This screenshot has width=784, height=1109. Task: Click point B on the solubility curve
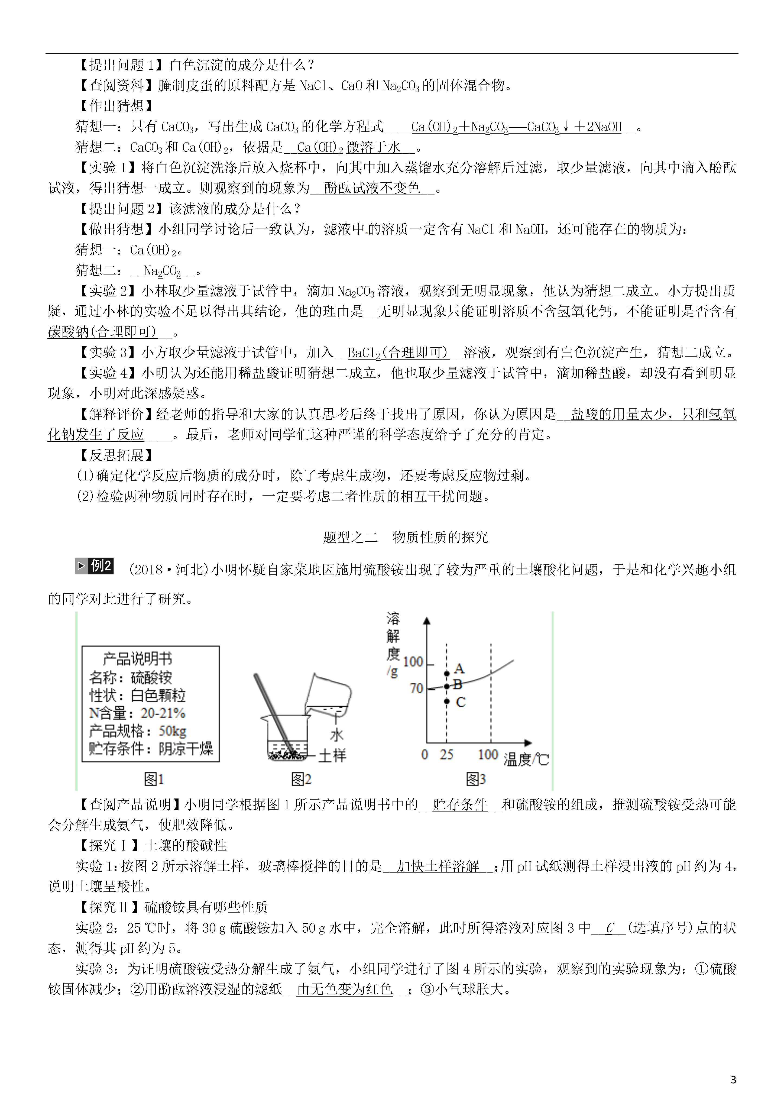point(447,686)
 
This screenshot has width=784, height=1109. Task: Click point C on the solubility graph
point(447,701)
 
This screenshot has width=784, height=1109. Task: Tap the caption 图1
point(154,779)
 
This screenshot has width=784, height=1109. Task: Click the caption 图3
point(475,779)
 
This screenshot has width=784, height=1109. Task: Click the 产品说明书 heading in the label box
point(137,659)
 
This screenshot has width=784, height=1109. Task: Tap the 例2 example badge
point(95,566)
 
